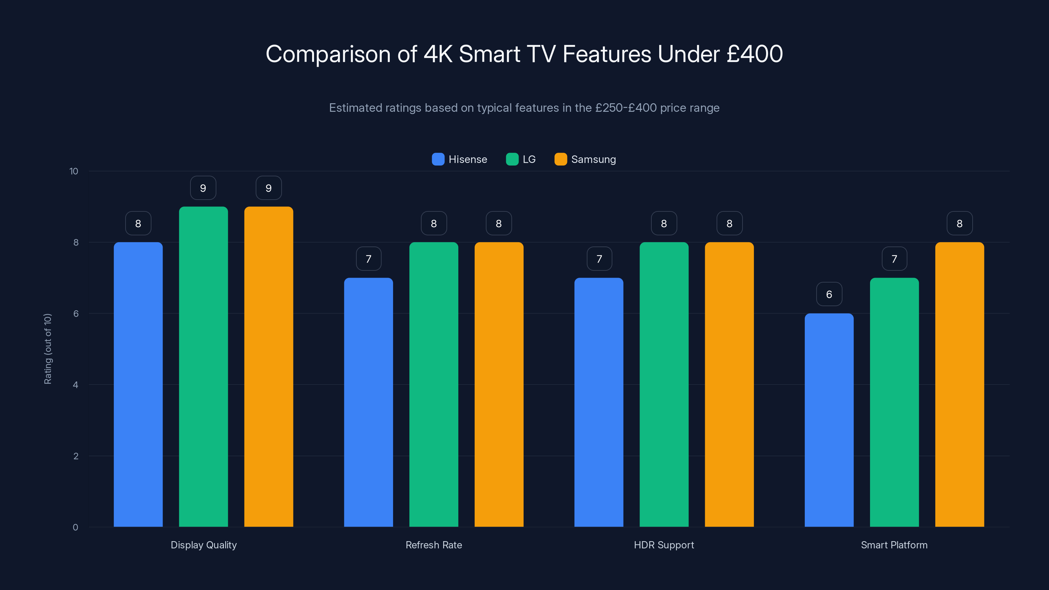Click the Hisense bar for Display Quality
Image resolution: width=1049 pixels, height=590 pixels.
[x=138, y=384]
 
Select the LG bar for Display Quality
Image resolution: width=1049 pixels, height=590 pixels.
[x=203, y=366]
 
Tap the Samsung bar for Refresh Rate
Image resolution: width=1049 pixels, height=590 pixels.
[x=499, y=384]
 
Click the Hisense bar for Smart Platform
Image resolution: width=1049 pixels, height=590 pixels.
[x=829, y=420]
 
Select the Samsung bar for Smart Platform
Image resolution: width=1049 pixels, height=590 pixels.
[x=960, y=384]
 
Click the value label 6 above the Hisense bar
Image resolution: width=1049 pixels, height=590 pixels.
[x=829, y=294]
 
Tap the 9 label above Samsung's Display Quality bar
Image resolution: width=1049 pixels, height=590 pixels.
[x=268, y=188]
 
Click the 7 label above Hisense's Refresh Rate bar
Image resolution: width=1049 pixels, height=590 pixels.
[x=368, y=259]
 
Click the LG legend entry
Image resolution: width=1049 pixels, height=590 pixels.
[x=521, y=159]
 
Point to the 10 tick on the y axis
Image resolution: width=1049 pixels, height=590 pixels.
[x=74, y=171]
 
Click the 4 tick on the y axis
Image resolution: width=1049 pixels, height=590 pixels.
[x=75, y=385]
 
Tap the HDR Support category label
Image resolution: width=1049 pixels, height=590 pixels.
[x=664, y=545]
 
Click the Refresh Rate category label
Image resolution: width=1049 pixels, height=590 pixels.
[x=434, y=545]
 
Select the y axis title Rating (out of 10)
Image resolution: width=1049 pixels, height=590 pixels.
[x=48, y=349]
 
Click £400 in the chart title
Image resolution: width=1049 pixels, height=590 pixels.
[x=755, y=54]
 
